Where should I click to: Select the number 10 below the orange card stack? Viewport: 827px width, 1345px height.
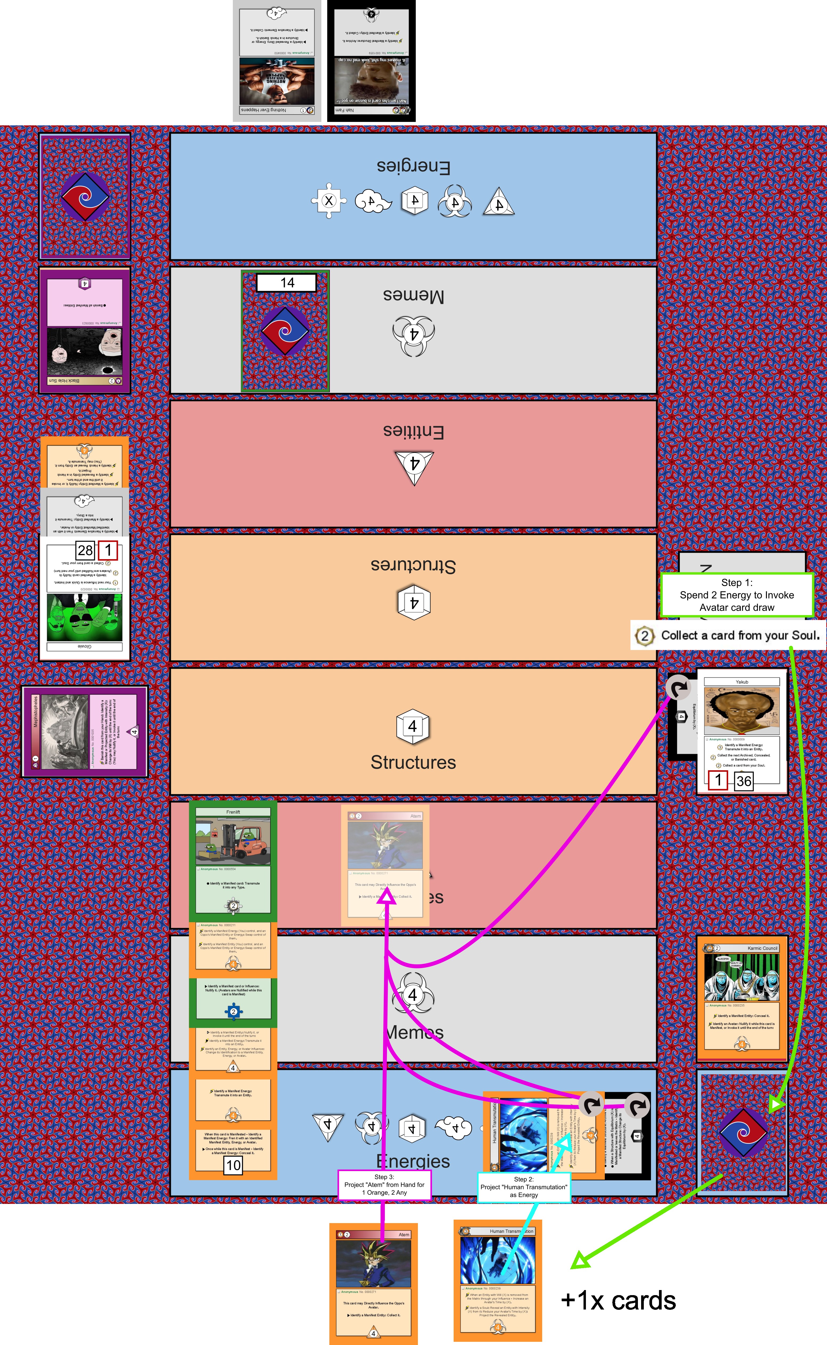[233, 1165]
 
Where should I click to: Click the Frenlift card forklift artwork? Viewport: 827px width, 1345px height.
[233, 841]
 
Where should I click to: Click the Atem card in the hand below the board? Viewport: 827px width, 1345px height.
[374, 1283]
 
